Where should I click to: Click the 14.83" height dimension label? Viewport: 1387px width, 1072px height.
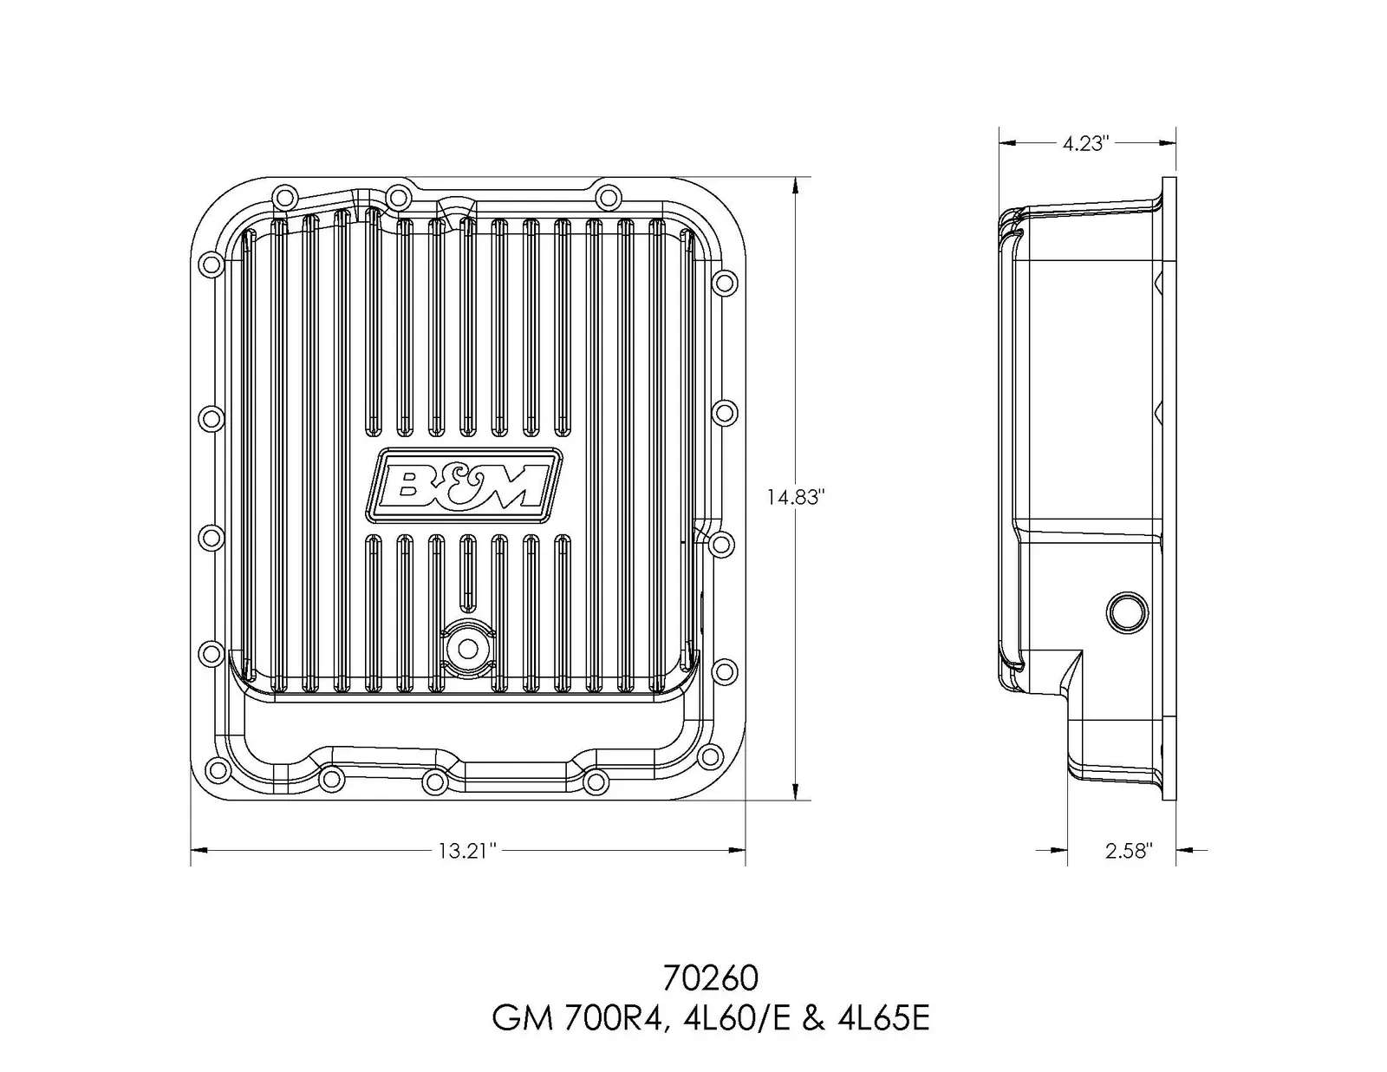pos(796,497)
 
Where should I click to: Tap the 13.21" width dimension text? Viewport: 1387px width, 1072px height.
pos(467,851)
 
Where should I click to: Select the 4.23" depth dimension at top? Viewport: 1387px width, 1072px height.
pos(1086,144)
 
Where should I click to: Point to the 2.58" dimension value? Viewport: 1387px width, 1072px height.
pos(1130,851)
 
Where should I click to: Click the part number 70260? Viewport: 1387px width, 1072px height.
pos(711,978)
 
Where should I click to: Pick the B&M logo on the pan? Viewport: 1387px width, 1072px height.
pos(464,485)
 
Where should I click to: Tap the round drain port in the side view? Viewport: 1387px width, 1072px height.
pos(1128,612)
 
